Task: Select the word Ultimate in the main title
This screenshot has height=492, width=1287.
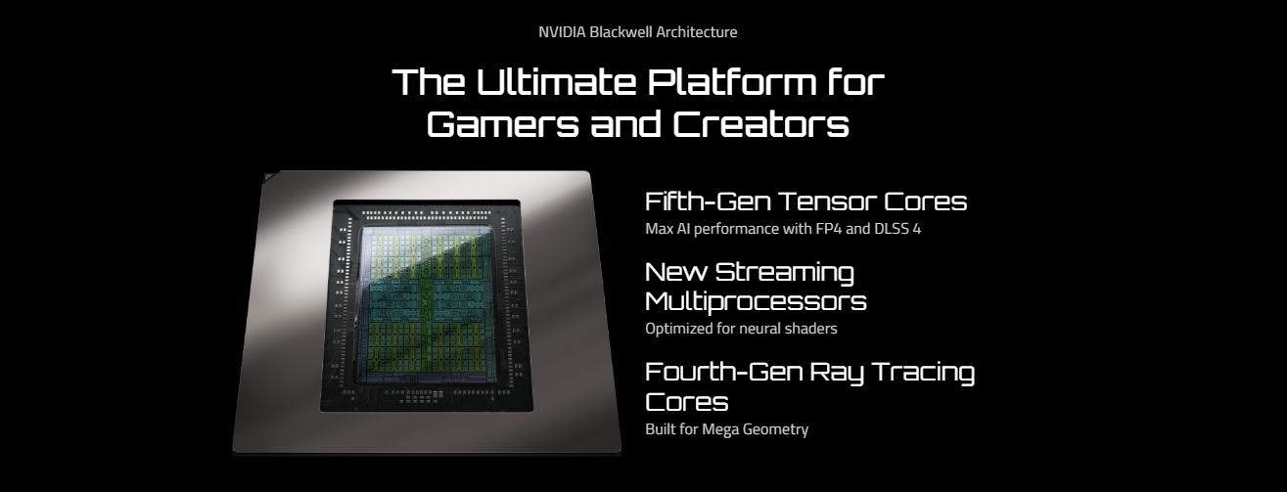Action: [x=556, y=81]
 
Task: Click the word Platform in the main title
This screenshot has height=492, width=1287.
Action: [x=732, y=81]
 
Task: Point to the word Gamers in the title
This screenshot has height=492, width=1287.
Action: [x=503, y=124]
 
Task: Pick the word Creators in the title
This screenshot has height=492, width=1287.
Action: [x=760, y=124]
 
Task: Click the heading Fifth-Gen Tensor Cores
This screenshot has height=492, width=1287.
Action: [x=806, y=201]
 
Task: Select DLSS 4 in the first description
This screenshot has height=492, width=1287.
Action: [x=897, y=229]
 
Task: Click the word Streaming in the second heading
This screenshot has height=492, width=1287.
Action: [x=784, y=273]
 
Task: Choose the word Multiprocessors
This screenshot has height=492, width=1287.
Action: [x=756, y=302]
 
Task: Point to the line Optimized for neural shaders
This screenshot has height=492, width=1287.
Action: [x=741, y=329]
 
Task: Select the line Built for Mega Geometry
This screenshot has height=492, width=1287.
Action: [x=727, y=429]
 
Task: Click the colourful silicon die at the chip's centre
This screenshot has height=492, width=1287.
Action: [x=427, y=304]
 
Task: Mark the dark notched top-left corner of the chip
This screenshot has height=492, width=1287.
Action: [x=270, y=177]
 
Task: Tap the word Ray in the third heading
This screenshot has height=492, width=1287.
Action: [x=837, y=374]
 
